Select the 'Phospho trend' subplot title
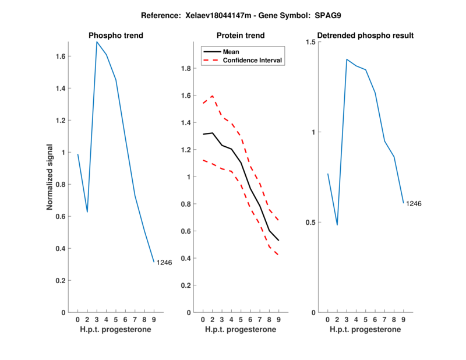point(116,36)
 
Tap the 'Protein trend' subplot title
point(241,36)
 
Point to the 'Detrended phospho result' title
point(365,36)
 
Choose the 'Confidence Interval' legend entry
point(253,60)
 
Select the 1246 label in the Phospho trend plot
point(164,263)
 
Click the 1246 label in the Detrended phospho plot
point(414,203)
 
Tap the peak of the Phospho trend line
point(97,42)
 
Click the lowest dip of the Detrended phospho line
point(337,225)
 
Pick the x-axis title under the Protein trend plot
point(241,330)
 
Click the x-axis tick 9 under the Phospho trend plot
point(154,319)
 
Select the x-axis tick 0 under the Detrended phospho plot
point(327,319)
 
